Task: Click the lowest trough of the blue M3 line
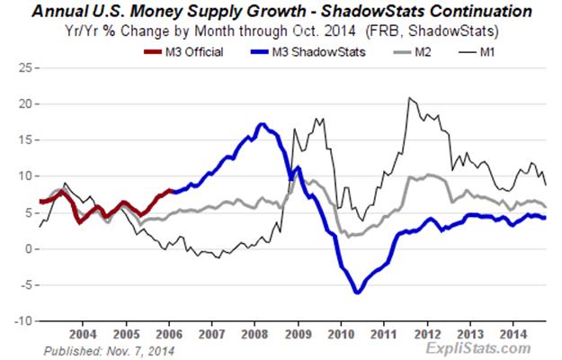pos(358,292)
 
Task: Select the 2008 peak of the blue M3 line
pos(261,124)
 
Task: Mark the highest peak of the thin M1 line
pos(409,97)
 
